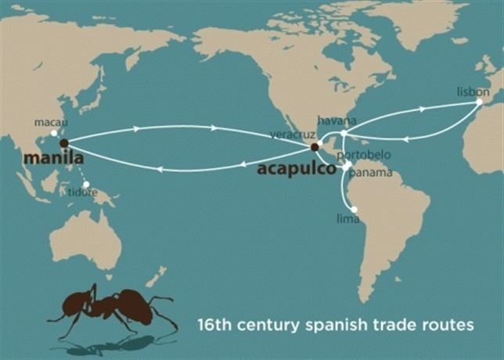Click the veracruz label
[288, 135]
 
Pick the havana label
[337, 121]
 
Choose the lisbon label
[473, 91]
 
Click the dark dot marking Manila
[63, 143]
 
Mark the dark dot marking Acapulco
[314, 146]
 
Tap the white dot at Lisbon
[479, 101]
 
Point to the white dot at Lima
[355, 209]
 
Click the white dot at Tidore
[86, 185]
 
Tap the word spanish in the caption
[335, 323]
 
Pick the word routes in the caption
[447, 323]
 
